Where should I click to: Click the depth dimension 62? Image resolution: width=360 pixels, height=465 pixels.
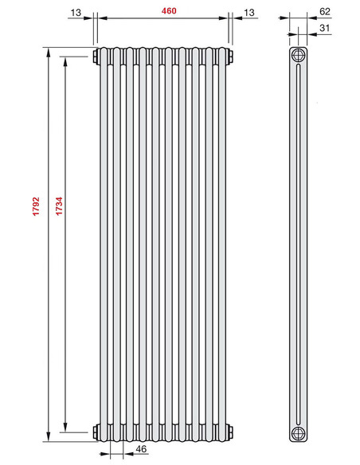point(325,11)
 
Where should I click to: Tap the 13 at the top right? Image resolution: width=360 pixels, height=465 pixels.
point(249,10)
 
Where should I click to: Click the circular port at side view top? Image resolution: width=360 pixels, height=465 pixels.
point(298,56)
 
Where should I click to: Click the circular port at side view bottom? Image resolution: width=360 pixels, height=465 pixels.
point(298,432)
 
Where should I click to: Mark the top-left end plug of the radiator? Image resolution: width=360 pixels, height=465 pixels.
point(96,57)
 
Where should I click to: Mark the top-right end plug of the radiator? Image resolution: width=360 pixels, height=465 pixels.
point(231,57)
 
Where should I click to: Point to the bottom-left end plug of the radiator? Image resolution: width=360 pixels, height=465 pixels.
point(96,432)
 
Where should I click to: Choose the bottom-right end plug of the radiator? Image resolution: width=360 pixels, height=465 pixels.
point(231,432)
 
